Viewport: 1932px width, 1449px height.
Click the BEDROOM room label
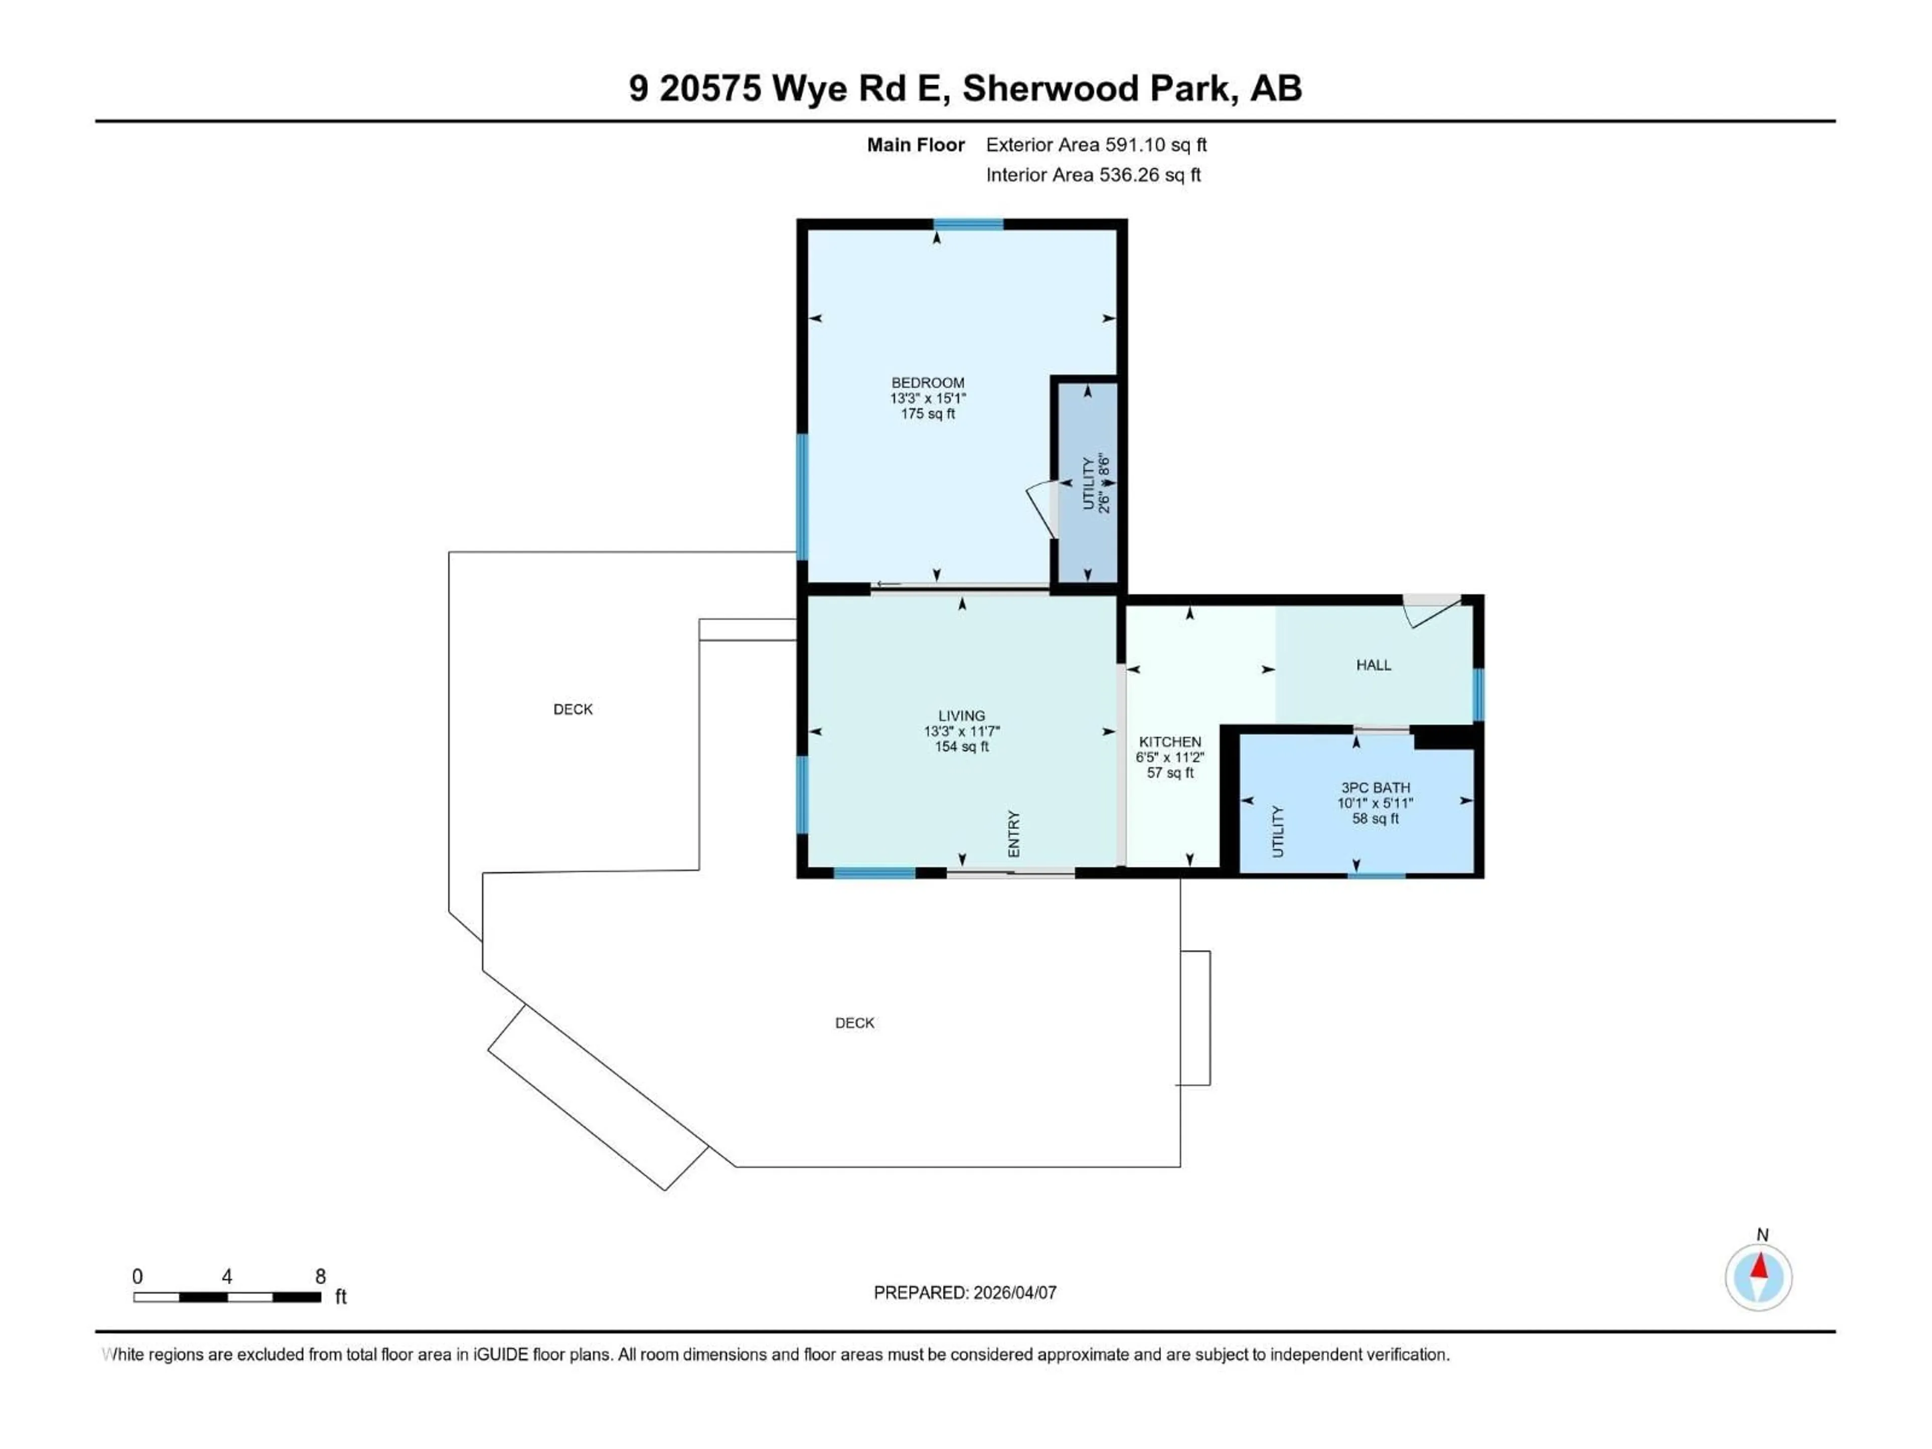coord(928,382)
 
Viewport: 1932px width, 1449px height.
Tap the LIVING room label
coord(961,715)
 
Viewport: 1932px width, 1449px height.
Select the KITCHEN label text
coord(1169,742)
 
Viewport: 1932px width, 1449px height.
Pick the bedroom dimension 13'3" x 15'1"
coord(928,398)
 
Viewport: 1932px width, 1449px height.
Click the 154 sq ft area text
coord(961,747)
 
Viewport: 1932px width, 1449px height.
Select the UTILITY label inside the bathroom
coord(1278,832)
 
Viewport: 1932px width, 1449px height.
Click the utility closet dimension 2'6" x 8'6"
coord(1103,483)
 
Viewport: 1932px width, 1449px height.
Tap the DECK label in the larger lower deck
coord(854,1023)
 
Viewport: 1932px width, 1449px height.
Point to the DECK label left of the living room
coord(573,709)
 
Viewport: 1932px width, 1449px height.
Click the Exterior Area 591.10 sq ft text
coord(1096,145)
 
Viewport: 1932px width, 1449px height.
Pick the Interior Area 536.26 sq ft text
coord(1093,175)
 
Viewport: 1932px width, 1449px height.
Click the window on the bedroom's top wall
coord(968,224)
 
